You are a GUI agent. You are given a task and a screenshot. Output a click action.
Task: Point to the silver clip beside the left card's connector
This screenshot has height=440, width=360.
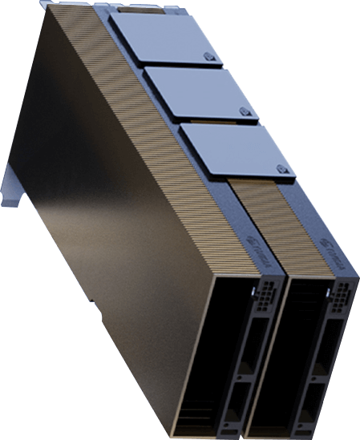point(256,288)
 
